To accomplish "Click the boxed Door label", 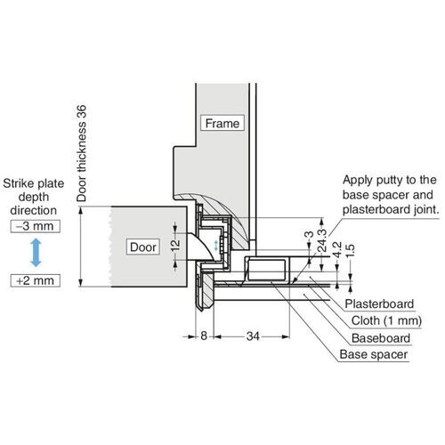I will [143, 246].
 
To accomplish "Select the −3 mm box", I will [34, 228].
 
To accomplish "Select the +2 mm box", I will [34, 280].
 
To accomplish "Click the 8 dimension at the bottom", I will [203, 336].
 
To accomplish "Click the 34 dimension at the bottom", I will [254, 336].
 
